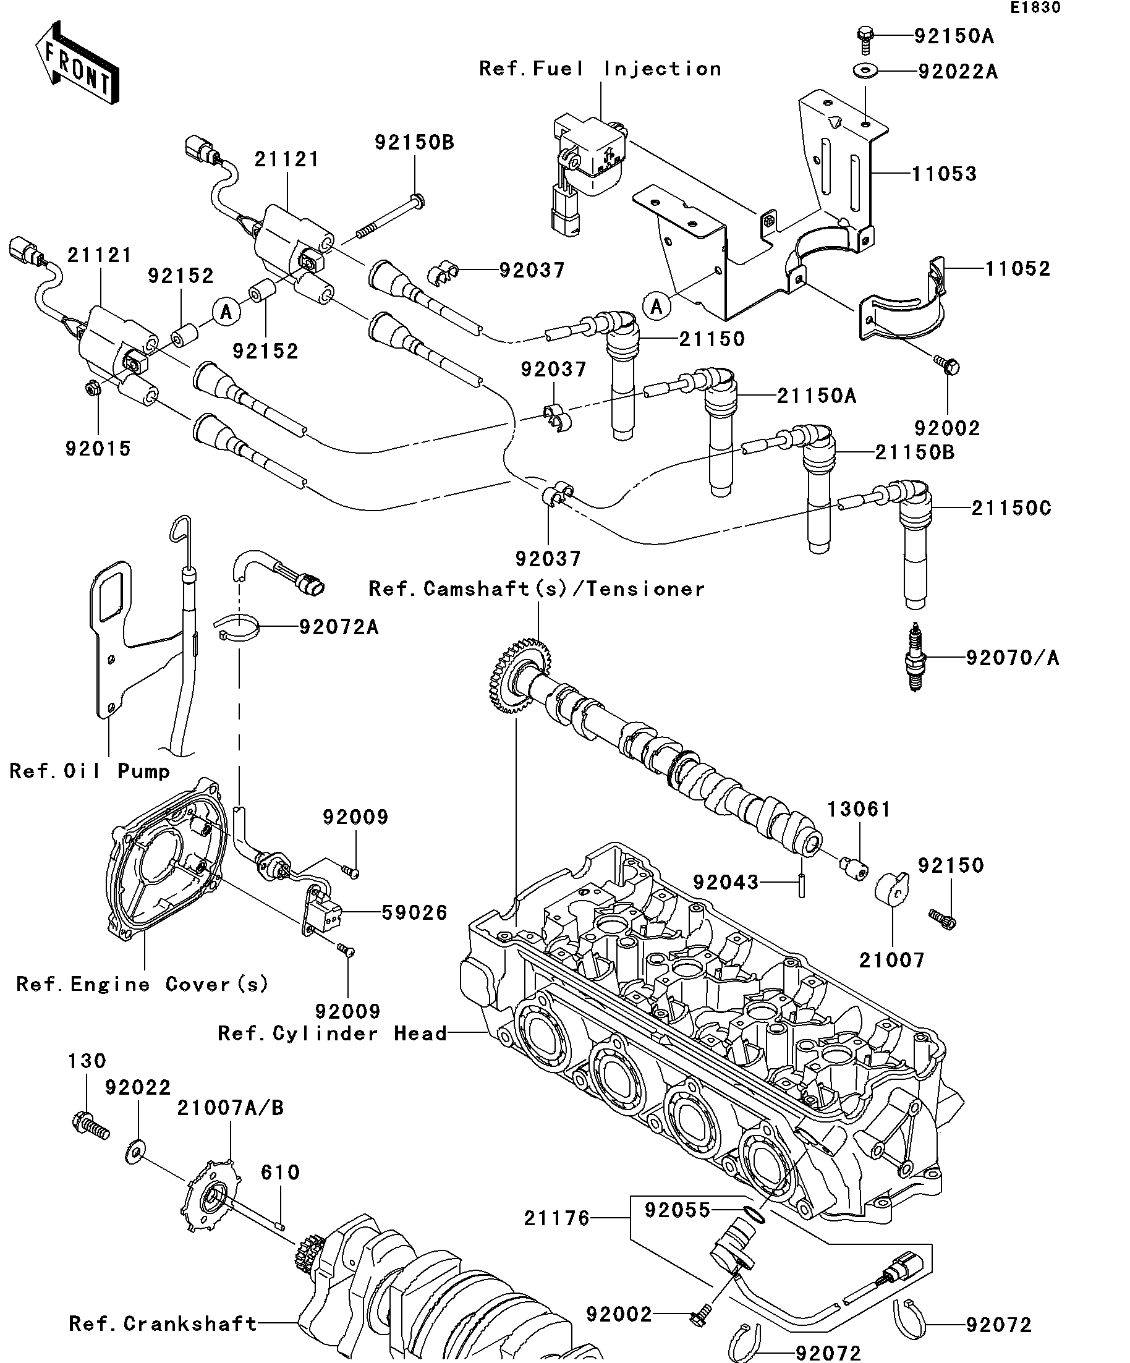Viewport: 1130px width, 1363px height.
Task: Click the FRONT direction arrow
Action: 77,64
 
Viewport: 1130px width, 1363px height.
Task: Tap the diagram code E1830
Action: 1035,8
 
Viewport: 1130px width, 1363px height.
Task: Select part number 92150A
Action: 953,36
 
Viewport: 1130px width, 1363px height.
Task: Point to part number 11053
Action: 944,174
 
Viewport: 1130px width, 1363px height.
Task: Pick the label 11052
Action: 1017,269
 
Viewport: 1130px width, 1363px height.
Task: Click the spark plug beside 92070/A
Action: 916,656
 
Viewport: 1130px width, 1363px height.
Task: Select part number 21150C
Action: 1011,508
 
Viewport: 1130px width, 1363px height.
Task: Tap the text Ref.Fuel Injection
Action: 600,69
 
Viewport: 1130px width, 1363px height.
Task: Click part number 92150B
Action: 414,143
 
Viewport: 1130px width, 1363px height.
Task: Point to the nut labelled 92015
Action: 90,389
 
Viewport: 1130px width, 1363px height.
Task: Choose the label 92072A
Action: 338,627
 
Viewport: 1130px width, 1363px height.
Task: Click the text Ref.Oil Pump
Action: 90,771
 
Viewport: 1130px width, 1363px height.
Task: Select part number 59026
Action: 414,912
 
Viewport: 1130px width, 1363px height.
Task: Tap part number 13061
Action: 859,809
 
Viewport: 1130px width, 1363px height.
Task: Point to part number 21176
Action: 557,1218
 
